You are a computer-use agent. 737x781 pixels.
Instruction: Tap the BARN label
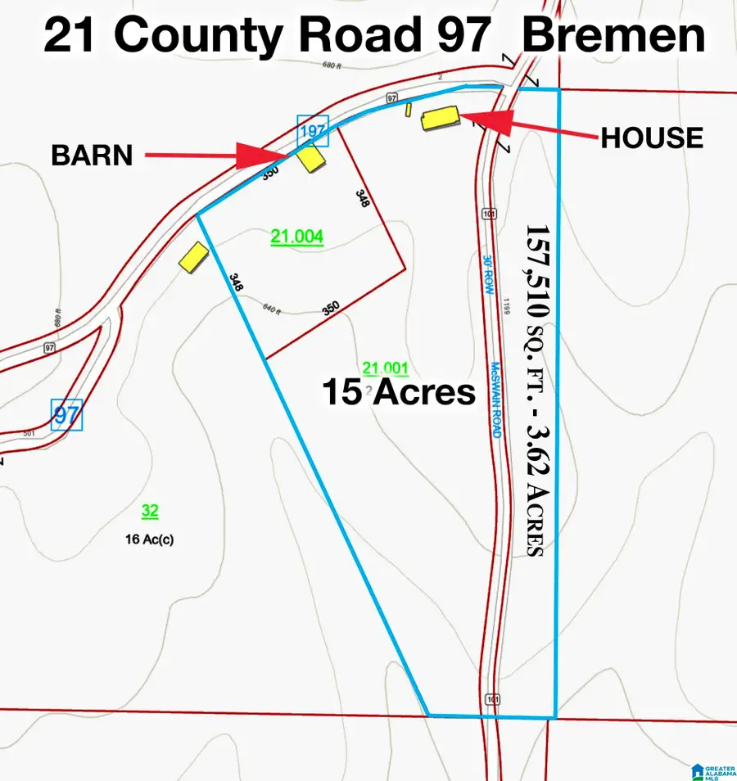coord(92,155)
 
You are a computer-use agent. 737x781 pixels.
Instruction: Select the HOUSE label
coord(652,138)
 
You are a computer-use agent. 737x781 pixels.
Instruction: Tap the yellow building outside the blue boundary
coord(194,257)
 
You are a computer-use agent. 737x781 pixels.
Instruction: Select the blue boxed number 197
coord(312,131)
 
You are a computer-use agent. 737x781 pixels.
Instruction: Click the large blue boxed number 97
coord(66,415)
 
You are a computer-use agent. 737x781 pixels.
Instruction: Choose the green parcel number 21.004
coord(297,237)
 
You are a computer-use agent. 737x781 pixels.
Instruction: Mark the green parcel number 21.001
coord(386,368)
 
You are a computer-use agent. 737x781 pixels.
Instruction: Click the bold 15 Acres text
coord(399,393)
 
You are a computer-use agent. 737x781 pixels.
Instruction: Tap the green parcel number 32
coord(150,512)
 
